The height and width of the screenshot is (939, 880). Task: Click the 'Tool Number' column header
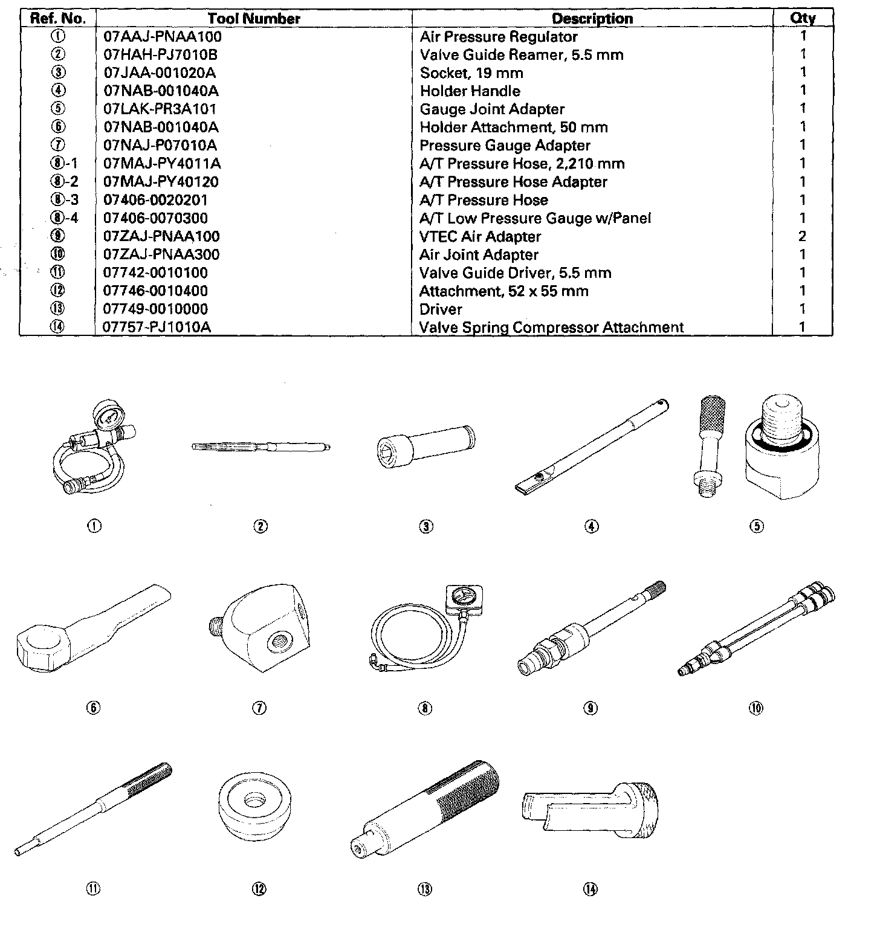(254, 18)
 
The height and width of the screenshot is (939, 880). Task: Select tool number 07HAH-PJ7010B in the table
(160, 55)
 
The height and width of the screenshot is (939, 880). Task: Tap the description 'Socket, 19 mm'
(471, 73)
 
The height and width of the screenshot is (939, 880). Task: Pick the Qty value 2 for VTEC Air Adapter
(803, 236)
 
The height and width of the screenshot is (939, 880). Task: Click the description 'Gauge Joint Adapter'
(492, 109)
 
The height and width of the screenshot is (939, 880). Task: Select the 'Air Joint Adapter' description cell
(479, 254)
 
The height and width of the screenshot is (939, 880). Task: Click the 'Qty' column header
(803, 18)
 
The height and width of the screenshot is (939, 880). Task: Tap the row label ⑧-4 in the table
(65, 218)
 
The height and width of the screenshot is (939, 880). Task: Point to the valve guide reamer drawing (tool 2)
(260, 447)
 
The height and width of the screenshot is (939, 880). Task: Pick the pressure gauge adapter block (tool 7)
(266, 628)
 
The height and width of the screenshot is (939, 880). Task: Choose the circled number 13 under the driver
(425, 889)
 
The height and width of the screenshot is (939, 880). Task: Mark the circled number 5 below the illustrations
(757, 526)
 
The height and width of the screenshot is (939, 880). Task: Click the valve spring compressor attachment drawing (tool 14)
(589, 810)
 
